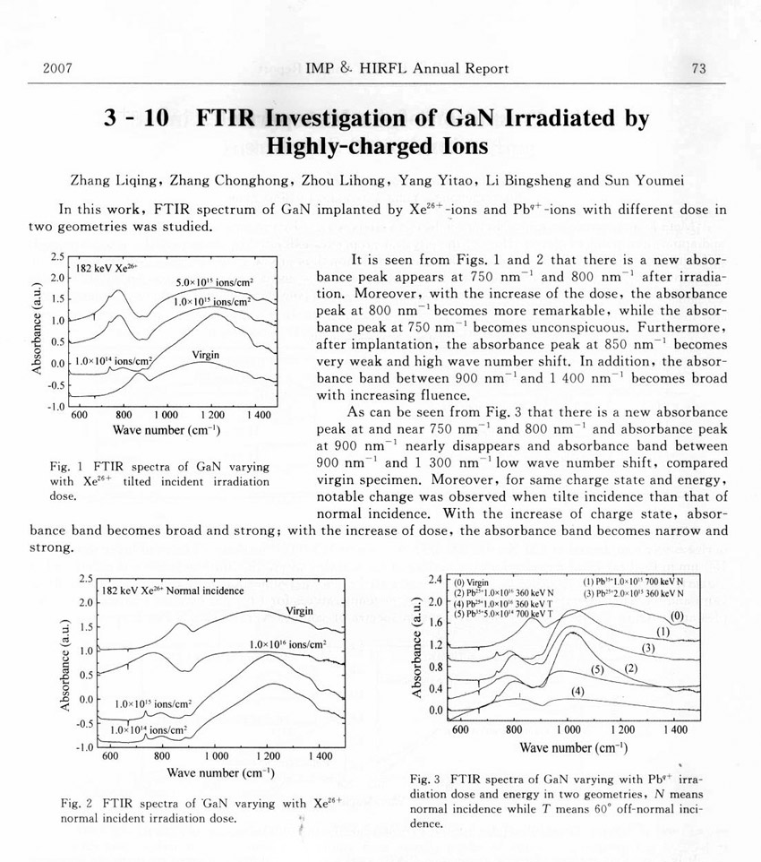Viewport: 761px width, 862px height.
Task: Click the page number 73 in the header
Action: (699, 69)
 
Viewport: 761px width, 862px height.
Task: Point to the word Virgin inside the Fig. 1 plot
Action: (206, 356)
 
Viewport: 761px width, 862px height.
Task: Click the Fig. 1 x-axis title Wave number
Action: (167, 430)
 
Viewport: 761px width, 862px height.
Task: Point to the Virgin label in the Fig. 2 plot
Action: (299, 611)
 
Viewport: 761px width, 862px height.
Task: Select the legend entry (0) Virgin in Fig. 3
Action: (474, 582)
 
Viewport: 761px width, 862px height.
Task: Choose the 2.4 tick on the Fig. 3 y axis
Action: (437, 579)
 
